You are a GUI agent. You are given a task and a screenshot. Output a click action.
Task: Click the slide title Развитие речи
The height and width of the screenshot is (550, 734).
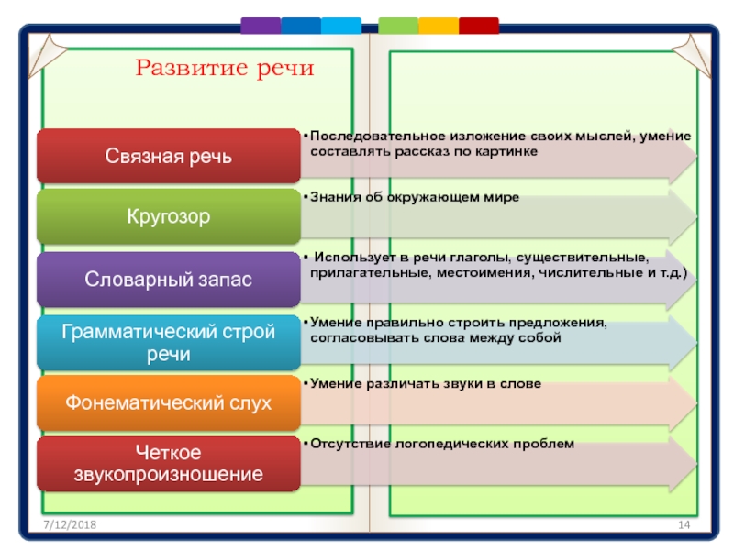(x=225, y=68)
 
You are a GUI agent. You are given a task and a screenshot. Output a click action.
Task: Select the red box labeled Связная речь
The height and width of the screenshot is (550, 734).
(x=167, y=156)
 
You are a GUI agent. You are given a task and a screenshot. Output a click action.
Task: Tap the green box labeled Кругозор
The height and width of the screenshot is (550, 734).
(x=167, y=217)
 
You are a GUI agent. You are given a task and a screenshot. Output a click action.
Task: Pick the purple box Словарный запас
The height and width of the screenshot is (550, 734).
(x=167, y=279)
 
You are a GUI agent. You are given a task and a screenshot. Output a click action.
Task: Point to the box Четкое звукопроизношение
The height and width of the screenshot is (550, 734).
(x=167, y=463)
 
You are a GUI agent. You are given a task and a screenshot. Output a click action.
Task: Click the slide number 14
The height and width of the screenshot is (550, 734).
(x=683, y=522)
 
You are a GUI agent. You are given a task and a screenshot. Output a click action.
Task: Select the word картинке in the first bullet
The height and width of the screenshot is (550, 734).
(x=506, y=150)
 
